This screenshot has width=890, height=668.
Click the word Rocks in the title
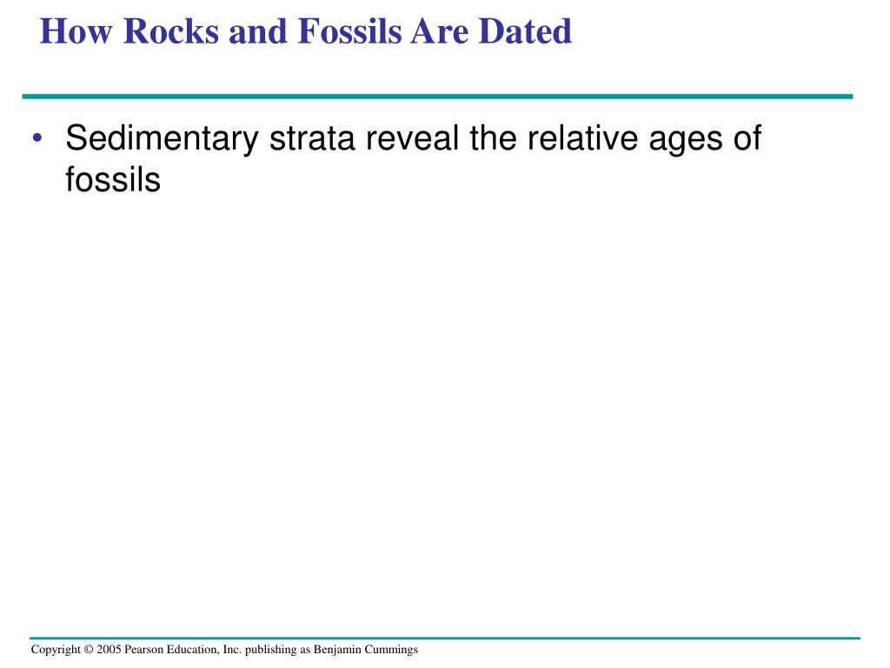tap(171, 32)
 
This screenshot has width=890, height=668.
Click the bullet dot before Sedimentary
tap(38, 141)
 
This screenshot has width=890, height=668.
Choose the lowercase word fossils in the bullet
tap(113, 180)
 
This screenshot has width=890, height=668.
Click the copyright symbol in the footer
tap(90, 650)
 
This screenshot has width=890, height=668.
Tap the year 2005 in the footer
tap(110, 650)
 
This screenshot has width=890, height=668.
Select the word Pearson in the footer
tap(144, 650)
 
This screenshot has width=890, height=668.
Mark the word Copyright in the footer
tap(56, 650)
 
